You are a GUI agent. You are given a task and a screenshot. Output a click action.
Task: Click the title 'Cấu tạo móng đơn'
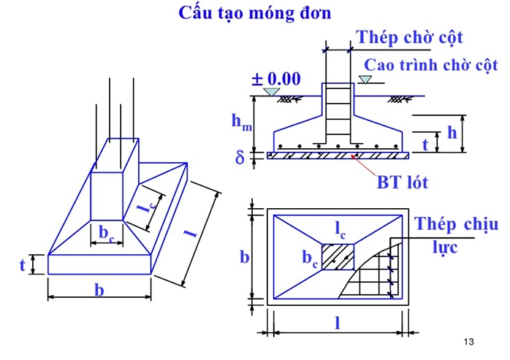pyautogui.click(x=255, y=13)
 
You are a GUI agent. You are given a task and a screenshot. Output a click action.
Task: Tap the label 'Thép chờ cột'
pyautogui.click(x=409, y=37)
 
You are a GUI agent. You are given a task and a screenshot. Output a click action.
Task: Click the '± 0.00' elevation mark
pyautogui.click(x=276, y=79)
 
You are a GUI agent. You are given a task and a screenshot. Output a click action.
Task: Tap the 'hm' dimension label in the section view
pyautogui.click(x=242, y=123)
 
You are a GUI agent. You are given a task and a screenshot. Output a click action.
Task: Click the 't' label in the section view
pyautogui.click(x=425, y=145)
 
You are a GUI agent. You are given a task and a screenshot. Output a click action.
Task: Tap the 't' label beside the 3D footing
pyautogui.click(x=23, y=264)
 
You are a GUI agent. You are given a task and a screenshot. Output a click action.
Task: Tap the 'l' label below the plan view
pyautogui.click(x=337, y=323)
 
